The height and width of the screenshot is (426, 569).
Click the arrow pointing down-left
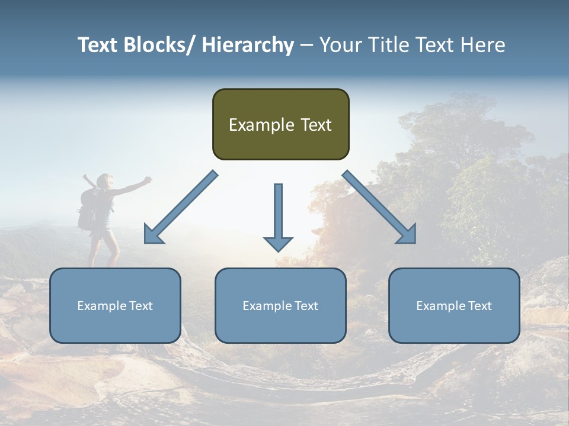(181, 208)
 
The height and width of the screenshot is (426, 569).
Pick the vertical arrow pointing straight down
(278, 213)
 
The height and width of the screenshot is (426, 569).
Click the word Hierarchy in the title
(247, 45)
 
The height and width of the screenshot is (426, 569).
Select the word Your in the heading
(340, 45)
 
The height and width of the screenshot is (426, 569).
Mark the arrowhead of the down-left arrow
(153, 235)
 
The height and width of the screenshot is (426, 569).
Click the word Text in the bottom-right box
(480, 306)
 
